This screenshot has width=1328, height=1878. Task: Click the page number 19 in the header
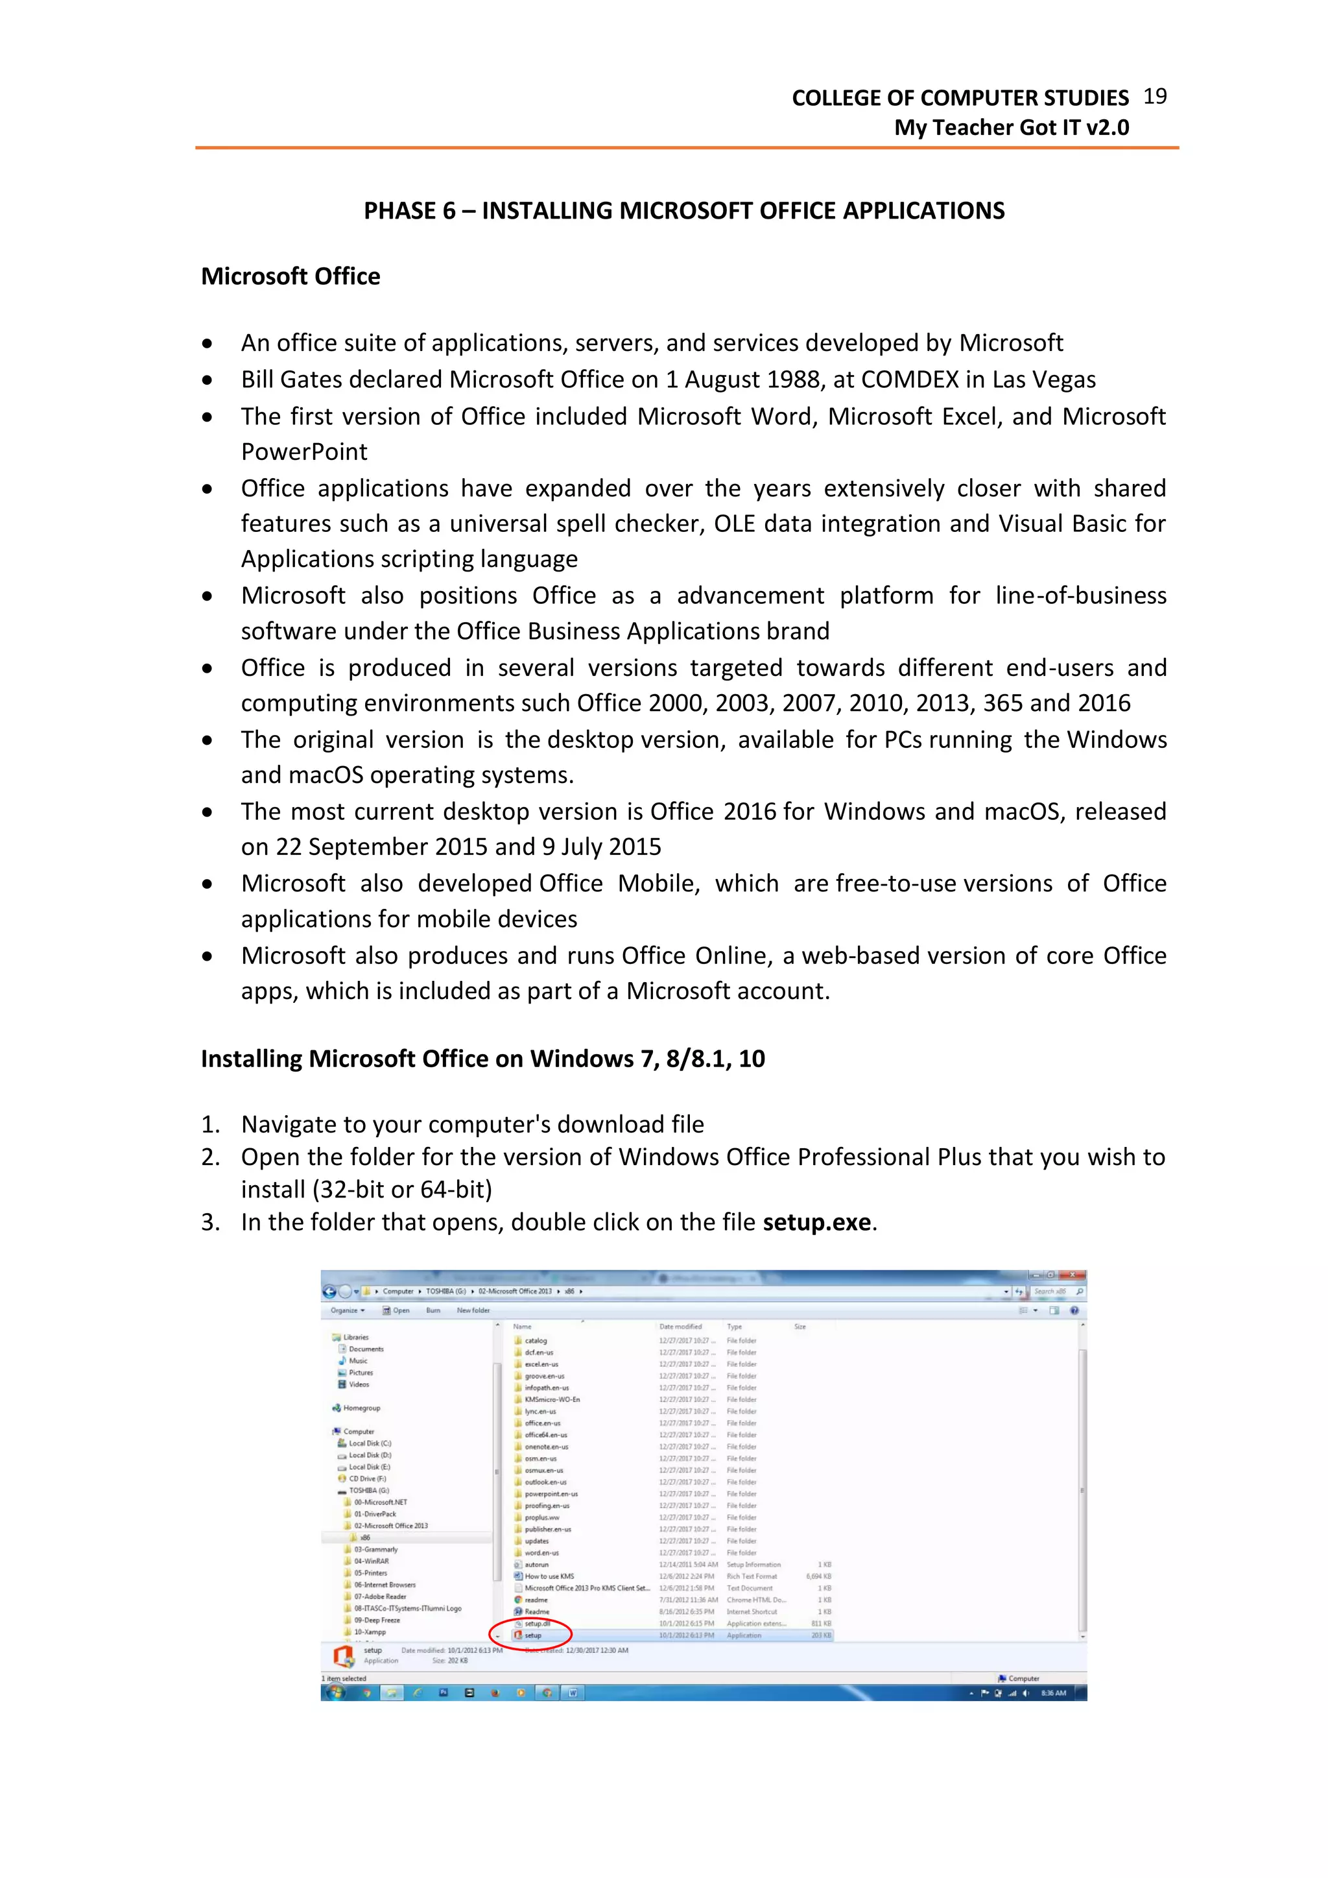(1155, 97)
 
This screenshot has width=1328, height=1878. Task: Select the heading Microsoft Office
(290, 276)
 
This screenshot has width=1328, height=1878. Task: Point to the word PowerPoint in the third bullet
(303, 451)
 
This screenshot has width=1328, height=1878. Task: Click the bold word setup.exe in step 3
(817, 1222)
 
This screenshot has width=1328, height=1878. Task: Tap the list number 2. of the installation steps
(210, 1157)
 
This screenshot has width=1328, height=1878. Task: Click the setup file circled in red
(532, 1635)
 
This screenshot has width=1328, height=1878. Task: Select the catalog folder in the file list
(536, 1341)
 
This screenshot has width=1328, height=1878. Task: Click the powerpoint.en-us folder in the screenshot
(551, 1493)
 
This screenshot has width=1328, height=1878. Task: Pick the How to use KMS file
(549, 1576)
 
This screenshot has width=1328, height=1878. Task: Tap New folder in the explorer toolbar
(473, 1310)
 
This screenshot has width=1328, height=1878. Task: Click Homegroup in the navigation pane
(361, 1408)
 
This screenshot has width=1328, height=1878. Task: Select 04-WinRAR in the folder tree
(372, 1561)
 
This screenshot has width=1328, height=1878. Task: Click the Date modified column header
(680, 1327)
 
